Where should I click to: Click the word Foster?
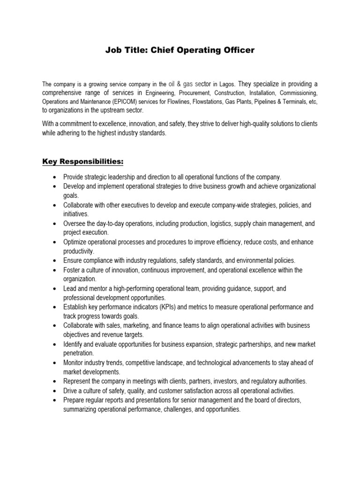click(72, 270)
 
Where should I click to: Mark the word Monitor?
click(75, 363)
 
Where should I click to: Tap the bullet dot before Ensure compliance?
click(55, 261)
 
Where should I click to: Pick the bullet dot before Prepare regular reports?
click(55, 400)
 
